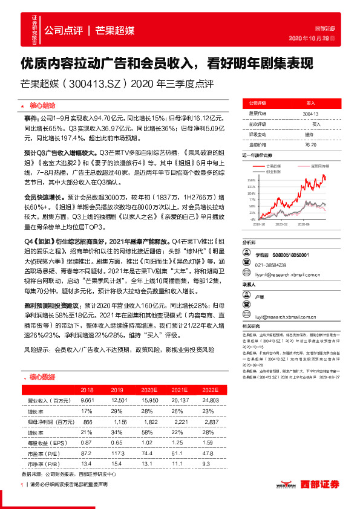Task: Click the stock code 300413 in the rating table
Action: coord(309,113)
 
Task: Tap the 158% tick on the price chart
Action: coord(251,180)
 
